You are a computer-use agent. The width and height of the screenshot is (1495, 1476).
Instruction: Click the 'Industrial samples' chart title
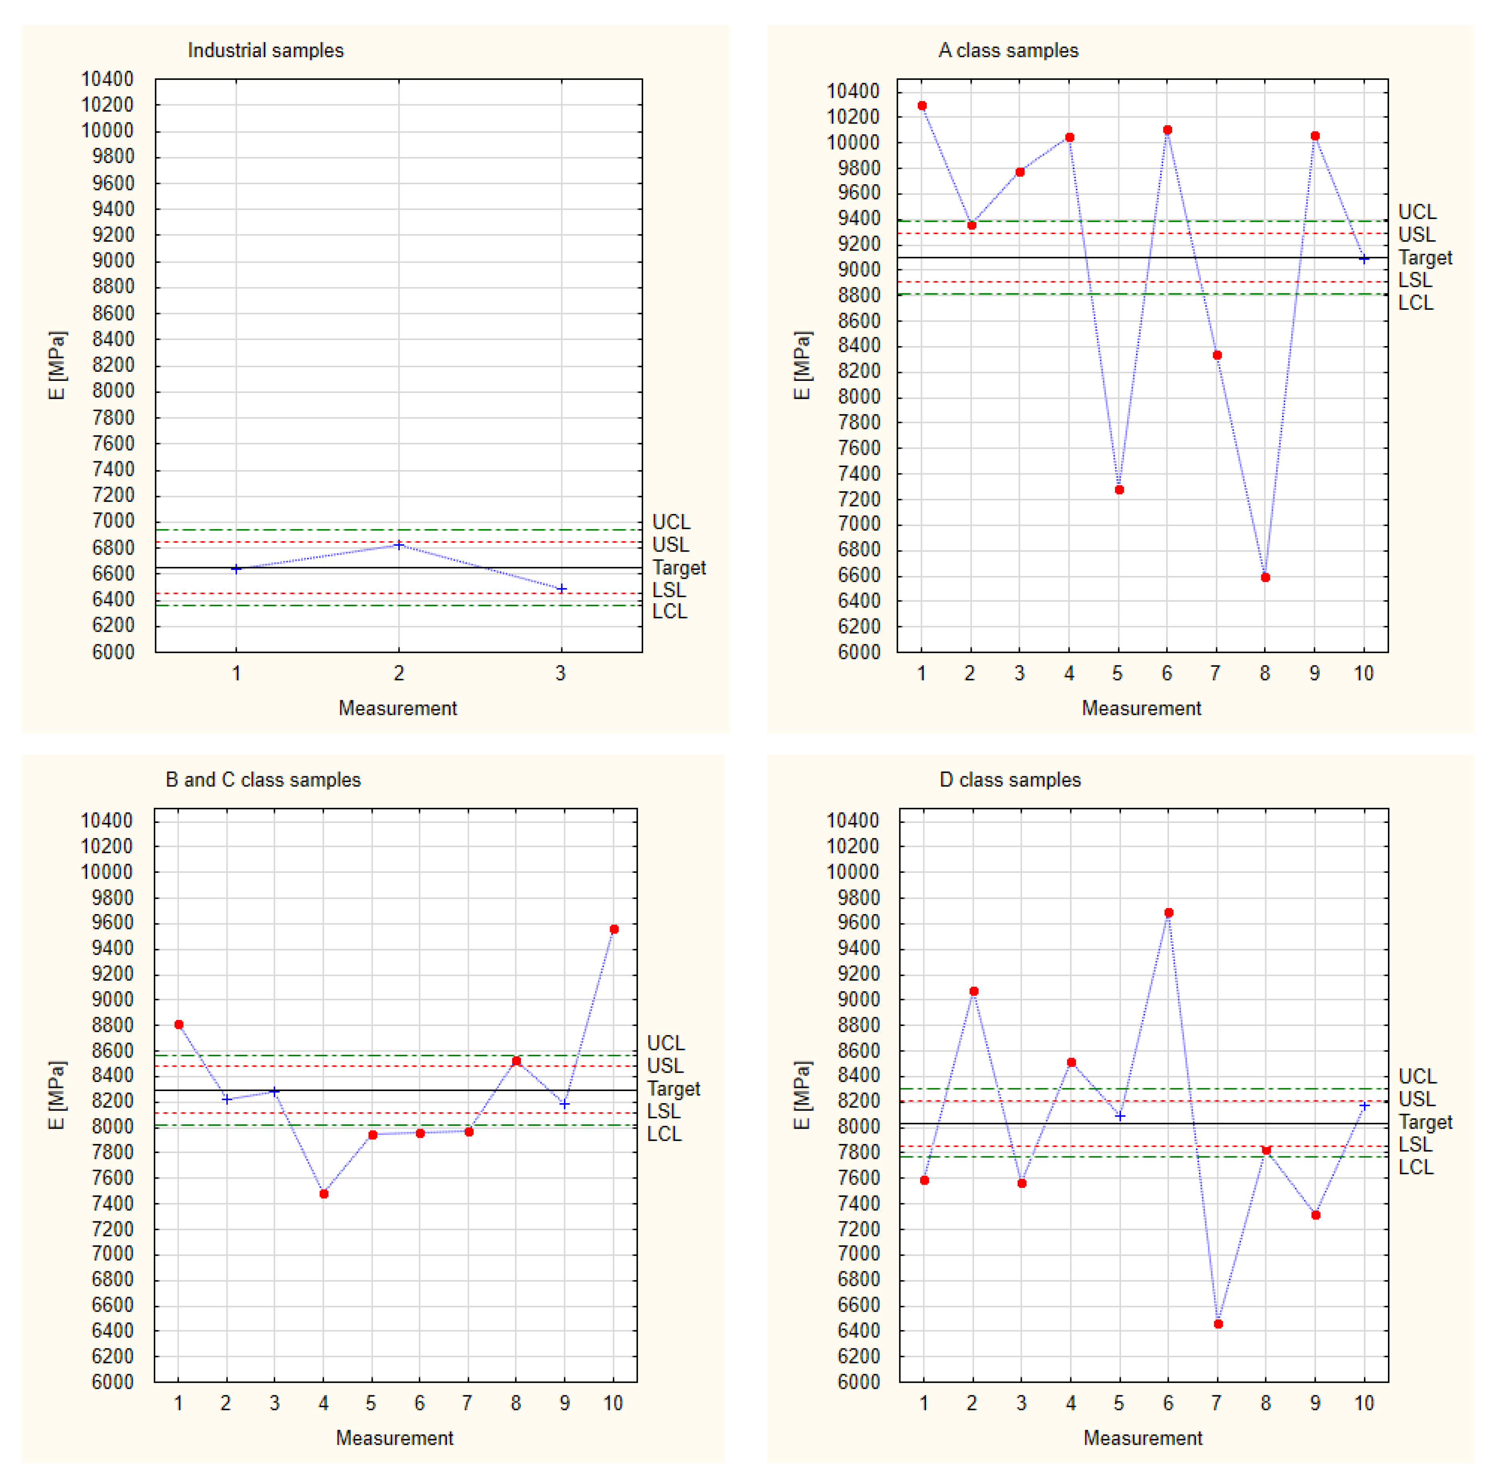point(265,50)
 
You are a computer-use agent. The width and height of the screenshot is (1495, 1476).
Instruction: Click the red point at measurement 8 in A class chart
point(1265,578)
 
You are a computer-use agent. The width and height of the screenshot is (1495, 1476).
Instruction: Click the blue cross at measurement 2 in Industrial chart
point(399,545)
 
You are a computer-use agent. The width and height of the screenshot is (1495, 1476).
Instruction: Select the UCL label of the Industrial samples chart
point(671,522)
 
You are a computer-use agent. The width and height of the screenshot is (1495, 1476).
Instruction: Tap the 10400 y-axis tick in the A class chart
point(853,92)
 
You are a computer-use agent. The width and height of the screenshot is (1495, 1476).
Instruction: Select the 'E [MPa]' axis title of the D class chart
point(803,1094)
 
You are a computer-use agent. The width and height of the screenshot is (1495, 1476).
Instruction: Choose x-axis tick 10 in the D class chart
point(1364,1403)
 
